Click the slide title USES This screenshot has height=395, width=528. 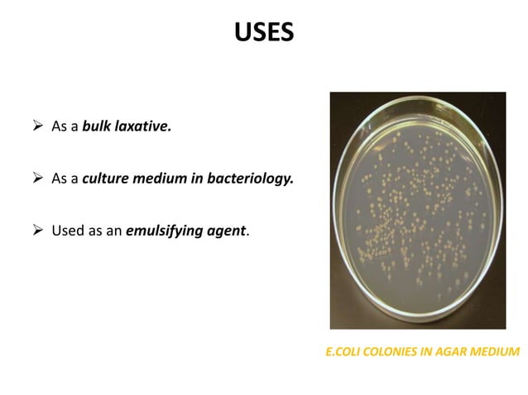coord(263,33)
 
